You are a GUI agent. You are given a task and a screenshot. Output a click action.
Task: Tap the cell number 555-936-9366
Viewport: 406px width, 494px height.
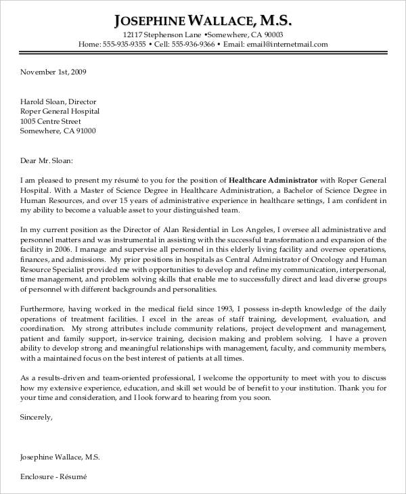193,45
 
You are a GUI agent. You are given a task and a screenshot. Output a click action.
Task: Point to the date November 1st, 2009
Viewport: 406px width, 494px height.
53,71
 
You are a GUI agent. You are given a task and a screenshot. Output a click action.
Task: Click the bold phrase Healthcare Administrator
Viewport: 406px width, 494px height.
273,181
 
